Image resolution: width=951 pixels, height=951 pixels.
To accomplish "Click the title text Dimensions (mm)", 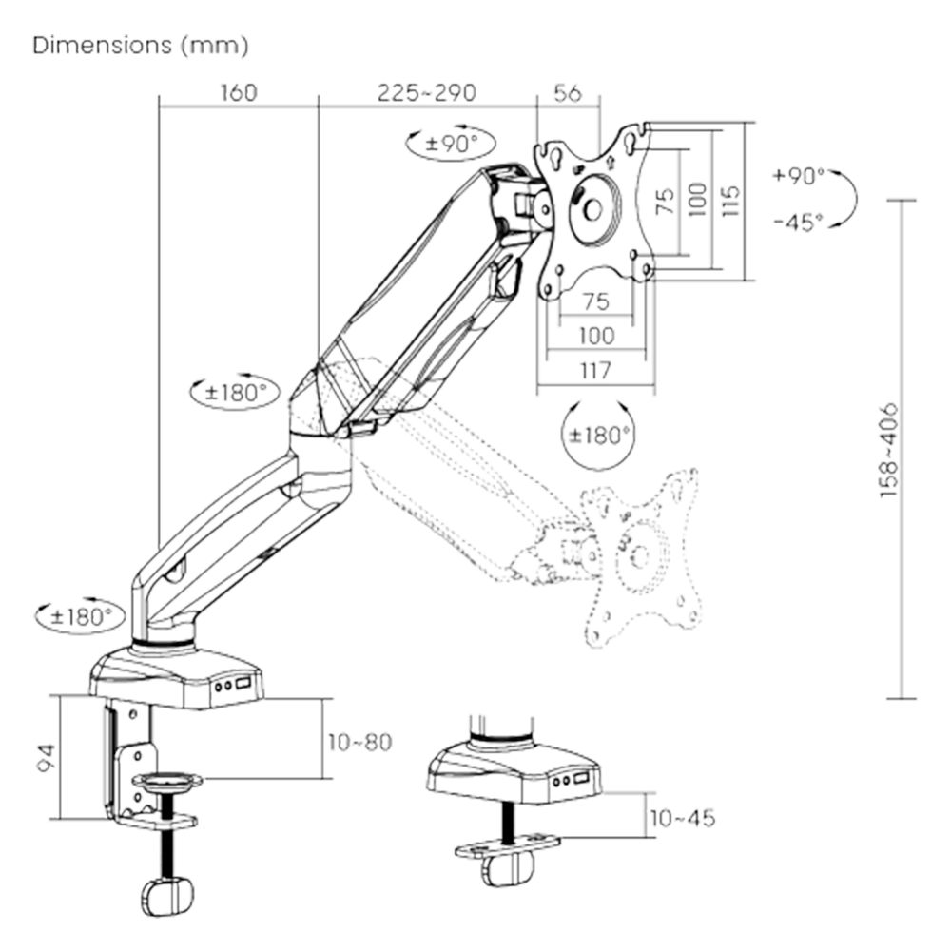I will tap(140, 47).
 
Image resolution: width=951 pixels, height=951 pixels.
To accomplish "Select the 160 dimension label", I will tap(239, 93).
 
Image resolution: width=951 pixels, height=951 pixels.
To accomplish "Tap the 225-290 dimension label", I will tap(427, 93).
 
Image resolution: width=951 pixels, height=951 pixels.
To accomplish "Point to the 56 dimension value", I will tap(567, 93).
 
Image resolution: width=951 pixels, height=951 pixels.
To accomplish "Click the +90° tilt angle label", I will tap(799, 176).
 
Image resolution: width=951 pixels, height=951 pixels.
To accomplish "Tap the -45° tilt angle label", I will tap(797, 223).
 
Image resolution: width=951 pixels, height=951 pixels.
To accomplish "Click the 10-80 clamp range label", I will tap(359, 741).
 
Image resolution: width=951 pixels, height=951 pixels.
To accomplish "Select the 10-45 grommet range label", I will tap(681, 818).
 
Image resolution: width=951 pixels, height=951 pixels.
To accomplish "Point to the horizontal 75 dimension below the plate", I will tap(595, 302).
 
